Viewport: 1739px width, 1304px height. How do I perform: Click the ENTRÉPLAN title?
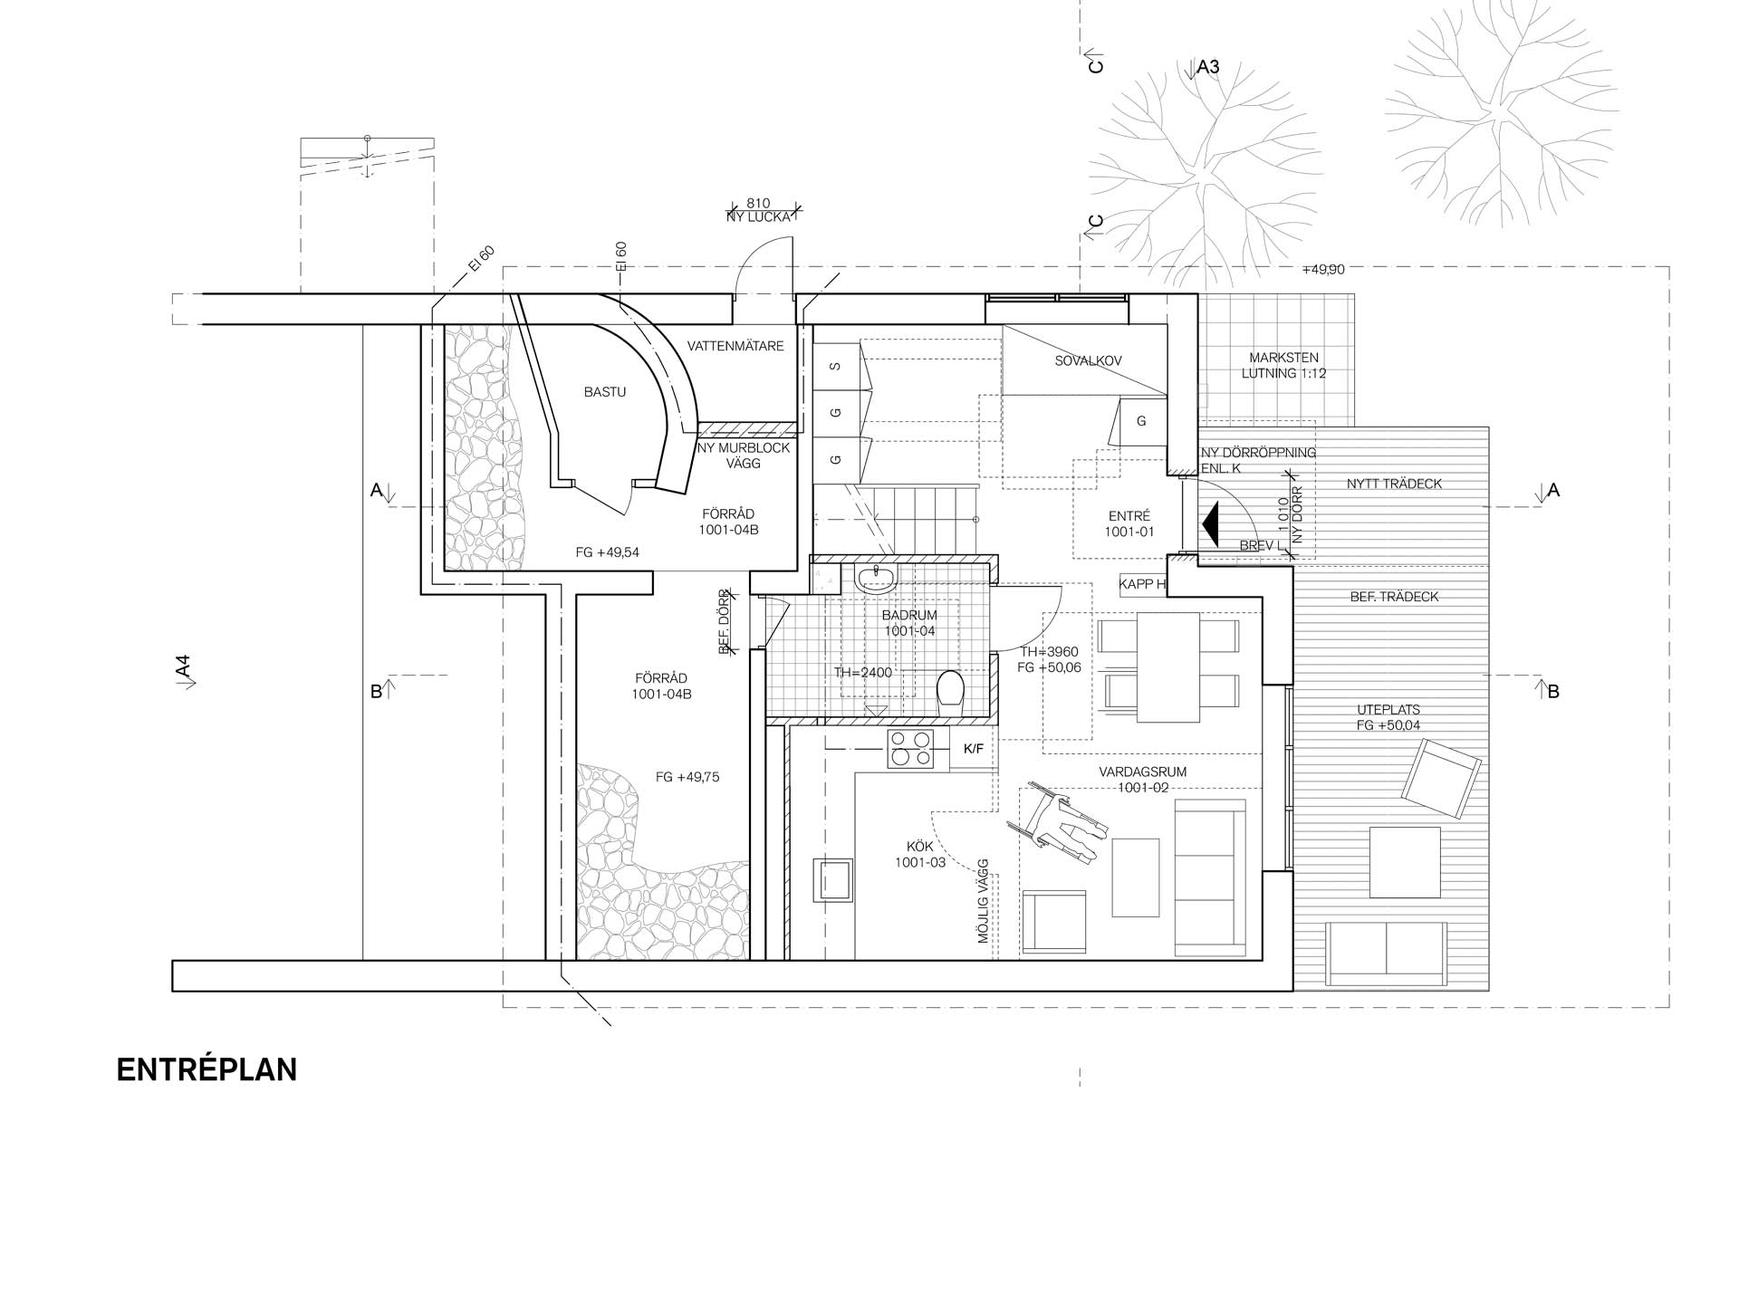[x=207, y=1069]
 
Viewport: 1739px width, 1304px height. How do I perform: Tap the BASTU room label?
[x=605, y=392]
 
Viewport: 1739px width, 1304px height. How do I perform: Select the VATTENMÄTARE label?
[x=735, y=346]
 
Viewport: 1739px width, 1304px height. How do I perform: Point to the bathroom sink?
[x=876, y=578]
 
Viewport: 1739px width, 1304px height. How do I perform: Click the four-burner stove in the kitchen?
[x=910, y=749]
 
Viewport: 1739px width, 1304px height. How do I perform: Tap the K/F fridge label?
[x=973, y=749]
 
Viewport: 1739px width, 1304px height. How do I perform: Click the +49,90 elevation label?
[x=1323, y=270]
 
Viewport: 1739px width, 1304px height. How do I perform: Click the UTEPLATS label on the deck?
[x=1388, y=710]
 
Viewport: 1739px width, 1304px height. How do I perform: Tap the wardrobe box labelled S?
[x=836, y=367]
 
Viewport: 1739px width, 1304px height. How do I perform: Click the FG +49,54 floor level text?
[x=608, y=552]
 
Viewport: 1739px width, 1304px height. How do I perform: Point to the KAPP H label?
[x=1142, y=584]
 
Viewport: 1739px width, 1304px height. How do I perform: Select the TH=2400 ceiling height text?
[x=863, y=673]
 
